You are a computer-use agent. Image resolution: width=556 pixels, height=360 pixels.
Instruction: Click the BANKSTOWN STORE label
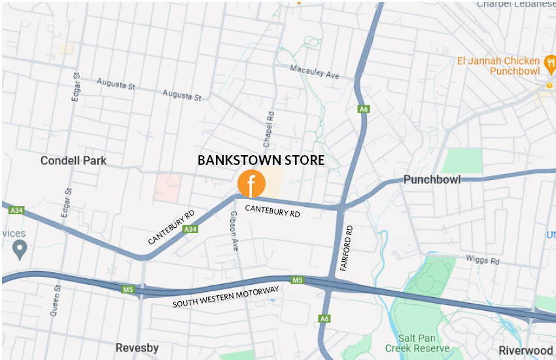point(260,160)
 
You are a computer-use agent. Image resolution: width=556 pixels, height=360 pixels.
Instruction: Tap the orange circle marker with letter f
point(251,184)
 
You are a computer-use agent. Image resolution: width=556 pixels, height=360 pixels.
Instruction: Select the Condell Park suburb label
point(73,160)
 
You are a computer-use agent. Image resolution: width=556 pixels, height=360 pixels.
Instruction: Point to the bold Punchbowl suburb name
point(432,179)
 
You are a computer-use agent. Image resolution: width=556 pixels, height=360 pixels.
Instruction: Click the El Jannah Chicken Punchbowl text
point(498,65)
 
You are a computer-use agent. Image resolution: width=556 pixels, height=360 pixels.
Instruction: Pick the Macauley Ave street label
point(315,71)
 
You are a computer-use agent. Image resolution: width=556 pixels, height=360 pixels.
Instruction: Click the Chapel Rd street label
point(269,124)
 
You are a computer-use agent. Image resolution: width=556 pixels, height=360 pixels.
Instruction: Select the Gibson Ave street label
point(234,231)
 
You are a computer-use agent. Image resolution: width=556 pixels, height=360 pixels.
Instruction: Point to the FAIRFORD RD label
point(347,249)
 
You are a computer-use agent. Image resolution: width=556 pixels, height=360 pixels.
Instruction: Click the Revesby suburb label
point(137,348)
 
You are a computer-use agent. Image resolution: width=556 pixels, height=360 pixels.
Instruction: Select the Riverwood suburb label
point(525,350)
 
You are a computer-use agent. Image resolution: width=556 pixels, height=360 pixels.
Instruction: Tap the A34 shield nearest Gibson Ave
point(190,229)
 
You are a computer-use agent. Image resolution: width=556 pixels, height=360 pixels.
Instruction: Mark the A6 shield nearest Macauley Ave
point(363,109)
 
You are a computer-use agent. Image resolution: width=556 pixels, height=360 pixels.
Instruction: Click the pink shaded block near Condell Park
point(167,187)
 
